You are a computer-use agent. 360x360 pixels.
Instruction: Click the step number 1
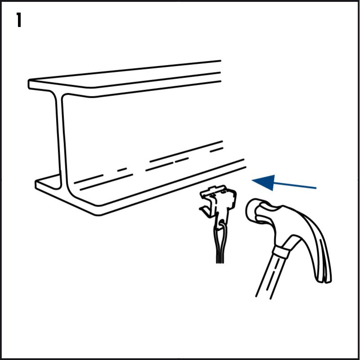[19, 20]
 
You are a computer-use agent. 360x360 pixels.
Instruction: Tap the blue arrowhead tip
[252, 180]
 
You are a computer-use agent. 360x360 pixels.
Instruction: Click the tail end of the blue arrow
[316, 188]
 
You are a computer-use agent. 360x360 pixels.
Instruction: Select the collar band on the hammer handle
[280, 252]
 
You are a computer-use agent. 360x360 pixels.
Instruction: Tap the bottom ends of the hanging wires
[220, 262]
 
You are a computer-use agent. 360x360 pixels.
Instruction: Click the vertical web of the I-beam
[62, 138]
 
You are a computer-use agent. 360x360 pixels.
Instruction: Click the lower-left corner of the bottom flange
[36, 187]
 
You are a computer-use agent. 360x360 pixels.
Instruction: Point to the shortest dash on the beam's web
[122, 170]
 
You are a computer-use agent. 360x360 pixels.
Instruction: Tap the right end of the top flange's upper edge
[220, 61]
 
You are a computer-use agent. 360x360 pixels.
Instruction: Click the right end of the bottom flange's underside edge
[246, 167]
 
